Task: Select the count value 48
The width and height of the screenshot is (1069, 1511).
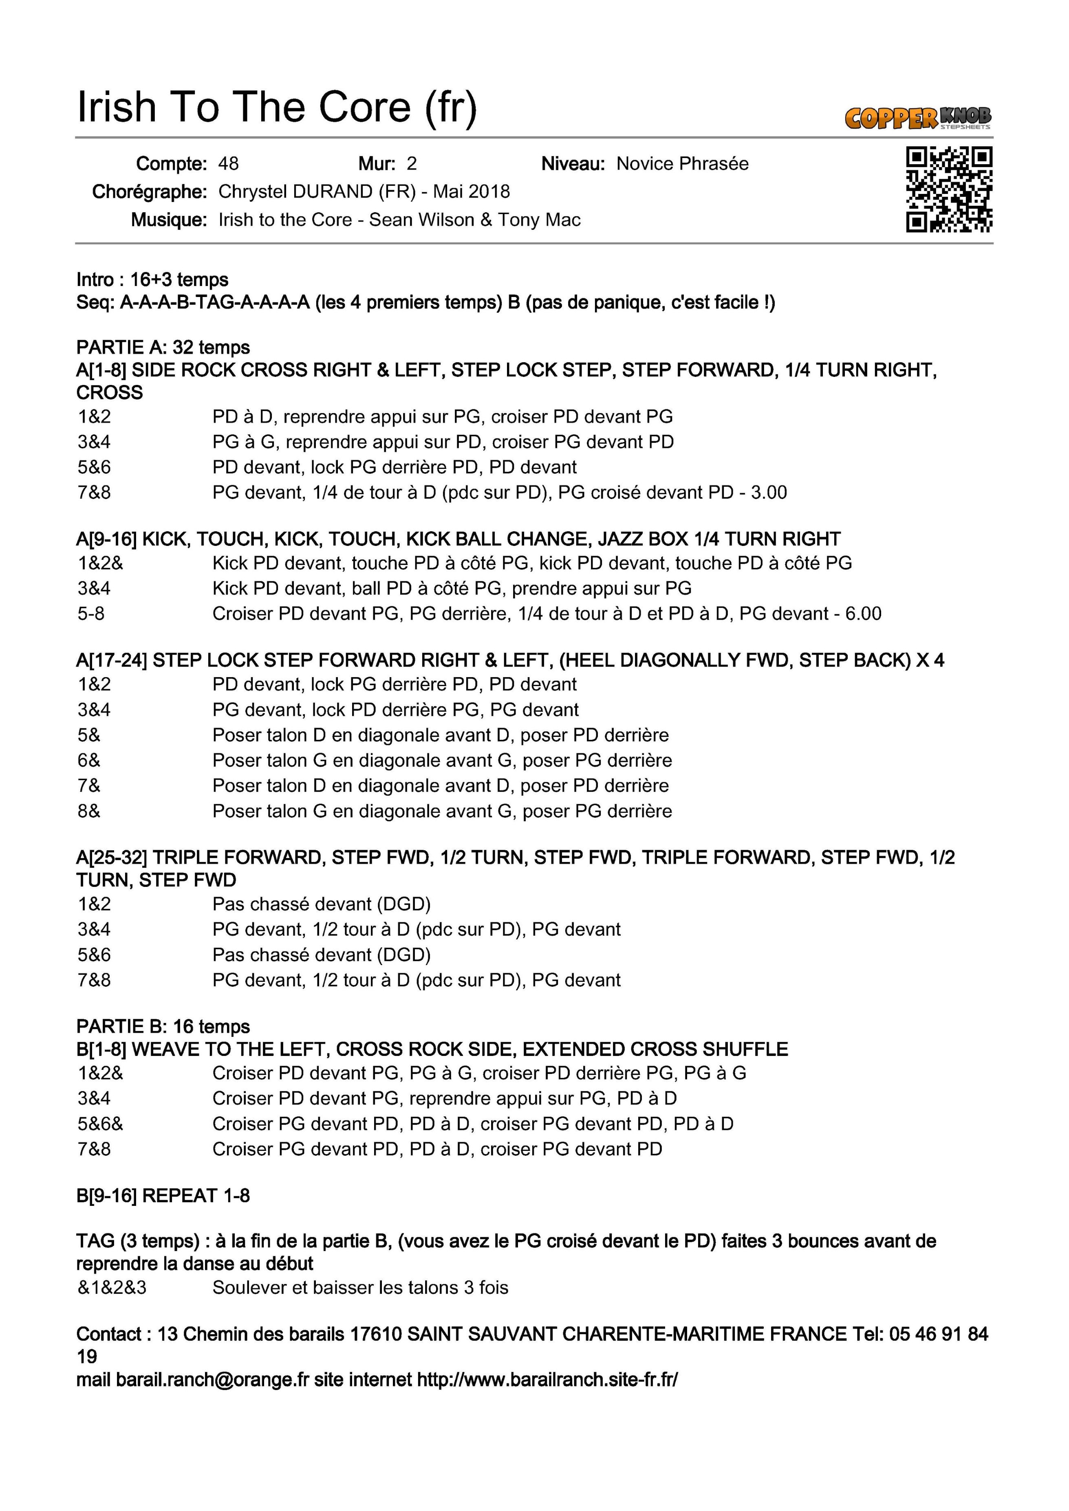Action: click(228, 164)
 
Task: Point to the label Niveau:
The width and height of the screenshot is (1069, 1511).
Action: click(573, 164)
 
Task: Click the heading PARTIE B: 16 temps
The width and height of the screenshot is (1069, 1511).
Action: click(163, 1027)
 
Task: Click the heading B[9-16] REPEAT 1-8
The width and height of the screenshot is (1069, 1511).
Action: click(163, 1196)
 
